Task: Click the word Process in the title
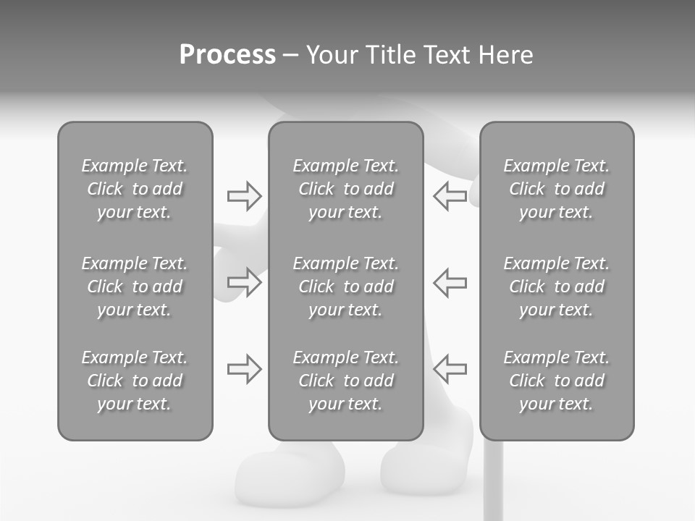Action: pyautogui.click(x=227, y=55)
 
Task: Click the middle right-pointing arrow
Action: pyautogui.click(x=245, y=282)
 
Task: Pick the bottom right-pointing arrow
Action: pyautogui.click(x=245, y=369)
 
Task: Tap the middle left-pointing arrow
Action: pyautogui.click(x=450, y=282)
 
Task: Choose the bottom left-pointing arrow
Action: pyautogui.click(x=450, y=369)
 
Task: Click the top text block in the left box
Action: pyautogui.click(x=135, y=189)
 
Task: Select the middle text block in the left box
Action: pyautogui.click(x=135, y=287)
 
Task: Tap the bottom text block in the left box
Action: pyautogui.click(x=135, y=381)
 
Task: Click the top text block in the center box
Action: pyautogui.click(x=346, y=189)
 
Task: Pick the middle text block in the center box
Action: pyautogui.click(x=346, y=287)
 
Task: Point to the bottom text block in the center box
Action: pyautogui.click(x=346, y=381)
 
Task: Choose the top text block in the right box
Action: pyautogui.click(x=557, y=189)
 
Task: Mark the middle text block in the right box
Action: pyautogui.click(x=557, y=287)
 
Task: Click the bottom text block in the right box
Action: pyautogui.click(x=557, y=381)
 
